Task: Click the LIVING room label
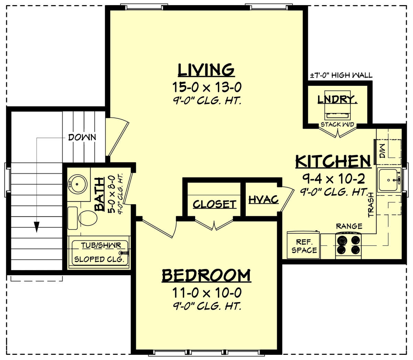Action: click(206, 70)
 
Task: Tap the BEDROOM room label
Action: click(206, 276)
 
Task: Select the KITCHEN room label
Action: click(333, 161)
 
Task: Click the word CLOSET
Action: click(214, 204)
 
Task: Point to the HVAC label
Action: click(263, 199)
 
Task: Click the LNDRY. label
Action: click(337, 100)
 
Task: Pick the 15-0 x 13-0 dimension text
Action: click(206, 87)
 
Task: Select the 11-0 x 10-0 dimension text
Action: click(206, 293)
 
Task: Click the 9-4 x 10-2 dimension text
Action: click(333, 178)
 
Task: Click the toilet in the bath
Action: click(86, 218)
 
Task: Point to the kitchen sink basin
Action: click(388, 180)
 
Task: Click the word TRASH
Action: click(371, 205)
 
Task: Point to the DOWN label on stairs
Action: click(82, 137)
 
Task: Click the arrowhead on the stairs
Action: click(37, 227)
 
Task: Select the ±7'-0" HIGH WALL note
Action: click(341, 75)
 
